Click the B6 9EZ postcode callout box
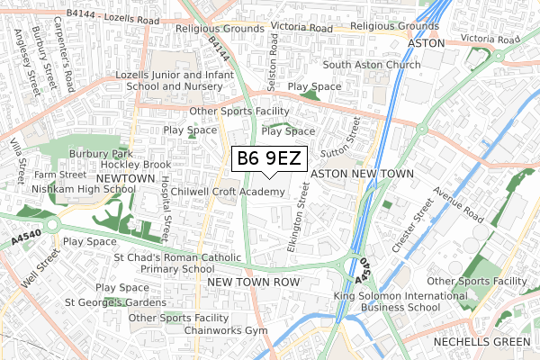[x=270, y=159]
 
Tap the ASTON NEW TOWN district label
[x=361, y=174]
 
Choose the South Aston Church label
[x=372, y=66]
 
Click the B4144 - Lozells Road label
[x=112, y=17]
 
